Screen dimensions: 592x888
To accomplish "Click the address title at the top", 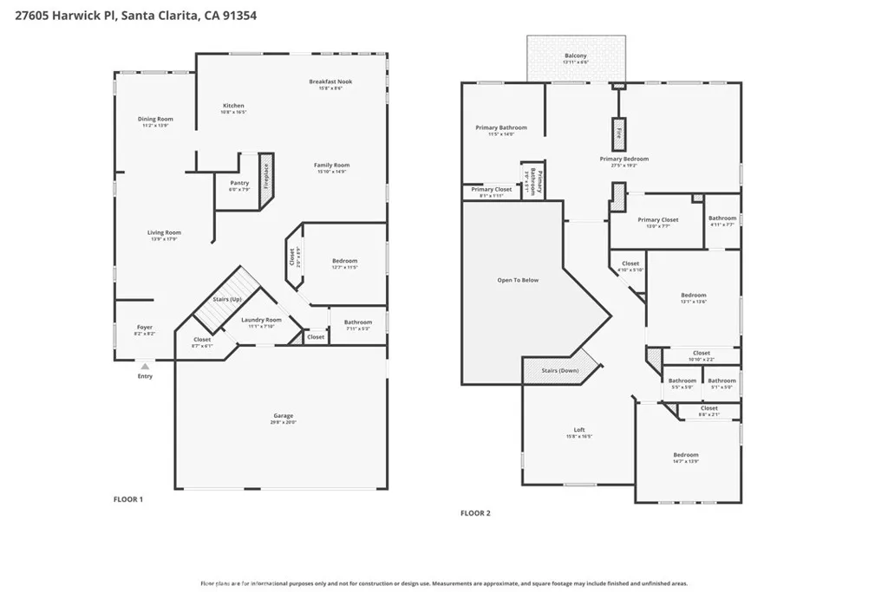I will point(129,16).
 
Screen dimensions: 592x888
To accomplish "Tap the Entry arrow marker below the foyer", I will point(145,368).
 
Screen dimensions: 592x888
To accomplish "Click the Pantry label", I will point(239,183).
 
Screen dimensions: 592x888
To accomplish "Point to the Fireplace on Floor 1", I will point(266,178).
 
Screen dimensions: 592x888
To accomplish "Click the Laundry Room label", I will point(261,320).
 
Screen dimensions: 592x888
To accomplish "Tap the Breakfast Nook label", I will point(330,81).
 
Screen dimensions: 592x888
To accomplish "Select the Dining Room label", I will point(155,119).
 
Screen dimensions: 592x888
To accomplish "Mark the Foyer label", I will point(145,328).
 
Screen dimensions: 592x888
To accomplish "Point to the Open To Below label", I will point(518,280).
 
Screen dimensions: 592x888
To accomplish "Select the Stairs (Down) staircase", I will point(560,371).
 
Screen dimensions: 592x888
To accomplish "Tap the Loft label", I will point(579,430).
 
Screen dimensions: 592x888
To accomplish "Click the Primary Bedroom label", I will point(624,159).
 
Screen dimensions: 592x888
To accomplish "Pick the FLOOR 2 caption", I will point(475,513).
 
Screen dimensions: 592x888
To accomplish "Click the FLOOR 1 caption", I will point(128,499).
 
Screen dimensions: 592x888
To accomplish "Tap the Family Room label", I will point(331,165).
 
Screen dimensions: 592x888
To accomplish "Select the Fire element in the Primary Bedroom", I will point(618,133).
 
